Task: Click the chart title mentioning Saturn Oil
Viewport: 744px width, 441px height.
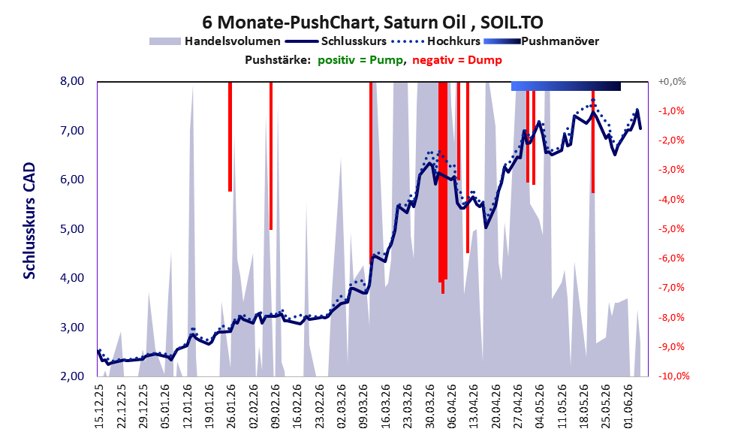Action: pyautogui.click(x=372, y=23)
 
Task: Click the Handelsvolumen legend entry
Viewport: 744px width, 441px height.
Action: pyautogui.click(x=215, y=41)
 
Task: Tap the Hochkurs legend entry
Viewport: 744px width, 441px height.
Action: pyautogui.click(x=436, y=41)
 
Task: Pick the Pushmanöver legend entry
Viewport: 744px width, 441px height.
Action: pyautogui.click(x=541, y=41)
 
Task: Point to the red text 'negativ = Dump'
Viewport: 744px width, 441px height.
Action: pyautogui.click(x=457, y=60)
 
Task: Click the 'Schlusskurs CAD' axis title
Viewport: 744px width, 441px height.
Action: pyautogui.click(x=29, y=221)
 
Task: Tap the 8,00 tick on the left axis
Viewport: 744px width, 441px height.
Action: pyautogui.click(x=72, y=81)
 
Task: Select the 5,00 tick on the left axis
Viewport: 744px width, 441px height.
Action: pyautogui.click(x=72, y=229)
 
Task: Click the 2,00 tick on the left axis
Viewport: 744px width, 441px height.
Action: pyautogui.click(x=72, y=376)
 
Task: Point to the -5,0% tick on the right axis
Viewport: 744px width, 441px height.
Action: pyautogui.click(x=671, y=229)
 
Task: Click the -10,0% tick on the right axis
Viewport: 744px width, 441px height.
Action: pyautogui.click(x=673, y=376)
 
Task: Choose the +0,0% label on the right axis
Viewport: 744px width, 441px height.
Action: pyautogui.click(x=672, y=82)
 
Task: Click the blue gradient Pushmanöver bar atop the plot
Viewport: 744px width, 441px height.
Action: pyautogui.click(x=566, y=86)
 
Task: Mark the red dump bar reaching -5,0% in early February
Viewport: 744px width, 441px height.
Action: pyautogui.click(x=271, y=156)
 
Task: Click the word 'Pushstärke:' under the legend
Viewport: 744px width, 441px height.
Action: pyautogui.click(x=278, y=60)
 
